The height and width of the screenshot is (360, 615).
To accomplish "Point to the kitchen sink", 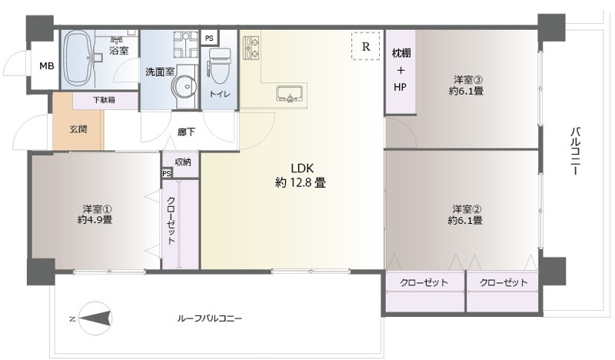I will coord(290,94).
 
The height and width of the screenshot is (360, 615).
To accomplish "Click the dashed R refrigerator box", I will coord(366,46).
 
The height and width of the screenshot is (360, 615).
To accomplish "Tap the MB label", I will coord(47,66).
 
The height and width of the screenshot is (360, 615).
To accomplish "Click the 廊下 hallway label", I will coord(187,132).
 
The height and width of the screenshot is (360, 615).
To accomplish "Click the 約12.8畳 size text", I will coord(301,183).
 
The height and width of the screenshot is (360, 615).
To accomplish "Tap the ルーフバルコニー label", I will coord(209,318).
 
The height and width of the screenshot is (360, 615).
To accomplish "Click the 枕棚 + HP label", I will coord(401,69).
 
